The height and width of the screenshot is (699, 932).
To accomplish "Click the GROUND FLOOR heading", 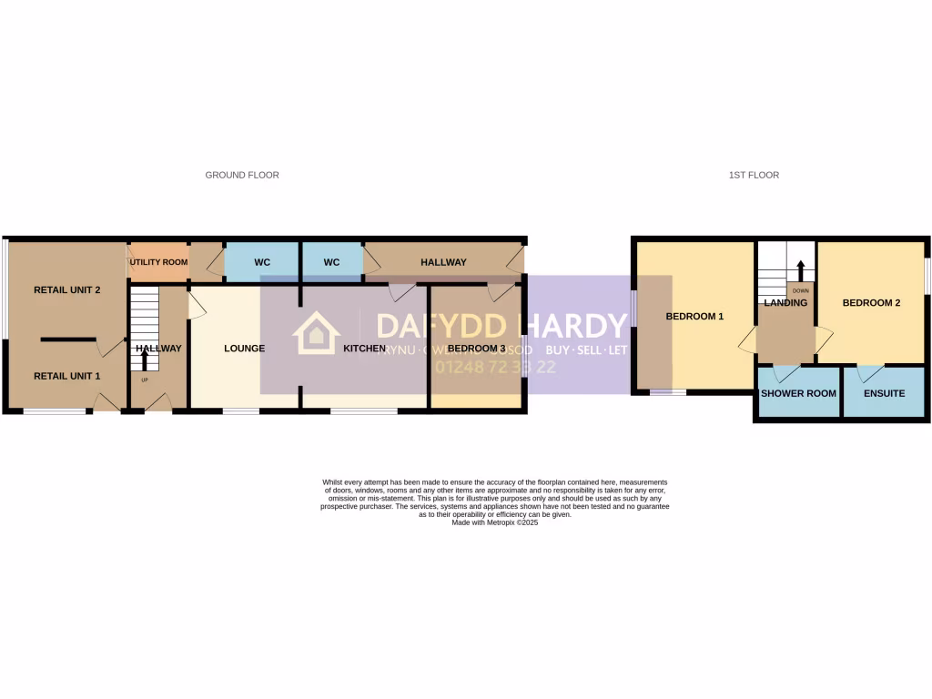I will (242, 175).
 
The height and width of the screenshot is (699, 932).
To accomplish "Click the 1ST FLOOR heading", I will (754, 175).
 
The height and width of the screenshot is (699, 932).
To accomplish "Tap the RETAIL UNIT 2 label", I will (66, 290).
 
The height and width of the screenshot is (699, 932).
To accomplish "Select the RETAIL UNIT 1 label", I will (66, 376).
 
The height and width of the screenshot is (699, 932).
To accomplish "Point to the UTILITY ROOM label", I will (158, 262).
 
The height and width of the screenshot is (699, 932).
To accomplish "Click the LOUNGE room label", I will (244, 349).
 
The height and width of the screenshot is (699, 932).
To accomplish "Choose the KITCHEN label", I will (364, 349).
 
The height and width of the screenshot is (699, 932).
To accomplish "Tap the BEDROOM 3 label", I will (476, 349).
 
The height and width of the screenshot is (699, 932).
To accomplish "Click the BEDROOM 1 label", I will (694, 317).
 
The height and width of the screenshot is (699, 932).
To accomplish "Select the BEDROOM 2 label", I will (871, 303).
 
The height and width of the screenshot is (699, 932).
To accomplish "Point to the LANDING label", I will (785, 303).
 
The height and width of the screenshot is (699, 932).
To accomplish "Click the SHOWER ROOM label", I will (798, 393).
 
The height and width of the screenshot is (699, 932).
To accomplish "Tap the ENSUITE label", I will (883, 393).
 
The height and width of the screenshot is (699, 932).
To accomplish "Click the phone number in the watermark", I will (496, 368).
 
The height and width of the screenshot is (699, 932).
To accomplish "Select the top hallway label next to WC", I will (443, 262).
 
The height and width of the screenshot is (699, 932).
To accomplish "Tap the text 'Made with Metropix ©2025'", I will (495, 522).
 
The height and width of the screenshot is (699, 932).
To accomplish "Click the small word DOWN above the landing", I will (800, 291).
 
